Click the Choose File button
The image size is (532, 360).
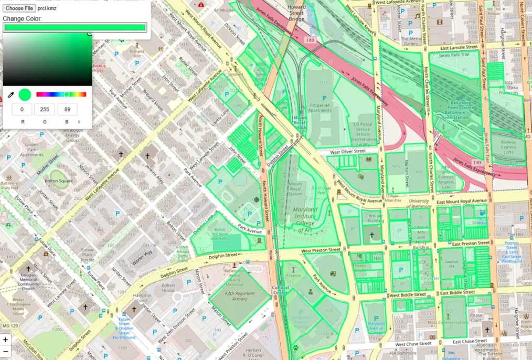click(x=19, y=8)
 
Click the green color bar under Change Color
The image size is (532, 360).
click(x=75, y=28)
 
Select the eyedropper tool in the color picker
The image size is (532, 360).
click(x=10, y=94)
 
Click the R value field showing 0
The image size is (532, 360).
click(x=22, y=110)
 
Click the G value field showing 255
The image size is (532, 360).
click(x=45, y=110)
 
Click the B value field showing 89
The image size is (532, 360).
click(x=67, y=110)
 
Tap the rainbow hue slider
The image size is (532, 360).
click(x=61, y=94)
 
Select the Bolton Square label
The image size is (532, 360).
click(x=58, y=181)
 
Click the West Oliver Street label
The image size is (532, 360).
click(x=347, y=152)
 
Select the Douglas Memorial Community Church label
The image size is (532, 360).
click(x=28, y=281)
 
